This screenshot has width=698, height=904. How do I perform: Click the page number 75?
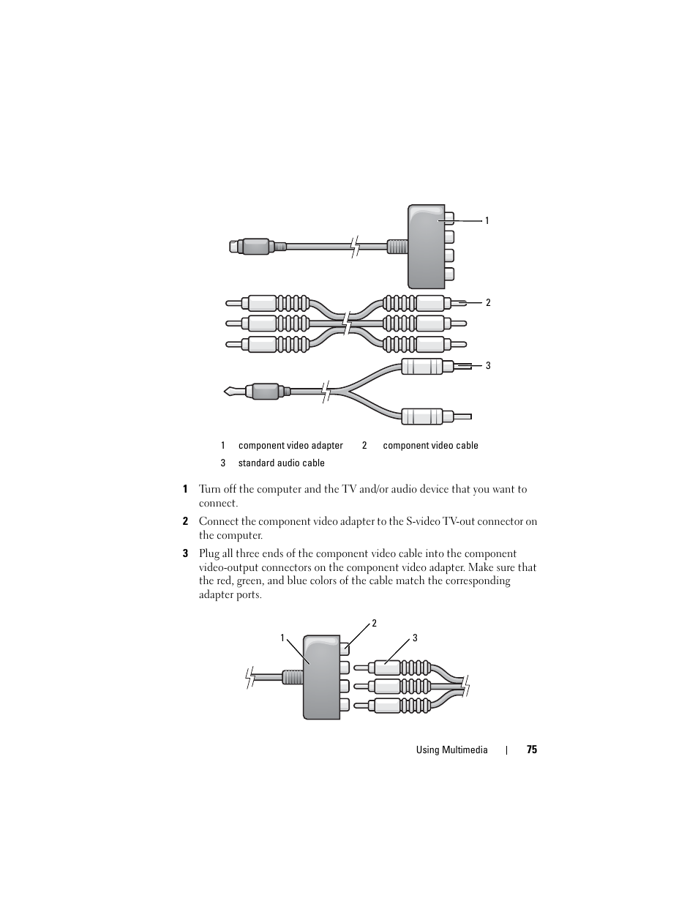coord(531,750)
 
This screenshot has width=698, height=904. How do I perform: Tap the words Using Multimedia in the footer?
coord(451,750)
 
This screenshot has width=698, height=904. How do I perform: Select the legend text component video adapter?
coord(290,445)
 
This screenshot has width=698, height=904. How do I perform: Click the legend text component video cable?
coord(430,445)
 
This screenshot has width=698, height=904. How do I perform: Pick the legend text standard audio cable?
coord(281,463)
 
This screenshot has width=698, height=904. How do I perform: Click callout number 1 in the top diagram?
coord(487,220)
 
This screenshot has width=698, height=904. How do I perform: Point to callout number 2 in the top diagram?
coord(488,302)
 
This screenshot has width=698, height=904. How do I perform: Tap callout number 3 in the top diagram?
coord(488,365)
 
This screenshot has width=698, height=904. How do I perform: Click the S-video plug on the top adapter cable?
coord(252,247)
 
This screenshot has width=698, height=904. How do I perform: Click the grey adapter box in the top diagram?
coord(426,247)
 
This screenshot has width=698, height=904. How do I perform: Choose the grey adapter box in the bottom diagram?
coord(321,677)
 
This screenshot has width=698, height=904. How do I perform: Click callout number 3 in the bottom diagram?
coord(415,638)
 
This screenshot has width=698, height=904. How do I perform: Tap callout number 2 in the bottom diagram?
coord(374,624)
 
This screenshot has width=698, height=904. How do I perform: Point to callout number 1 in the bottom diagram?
coord(282,638)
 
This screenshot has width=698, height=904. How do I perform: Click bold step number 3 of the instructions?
coord(185,554)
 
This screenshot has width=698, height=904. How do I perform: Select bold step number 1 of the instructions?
coord(185,490)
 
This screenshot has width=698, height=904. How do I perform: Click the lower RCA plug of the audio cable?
coord(422,416)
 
